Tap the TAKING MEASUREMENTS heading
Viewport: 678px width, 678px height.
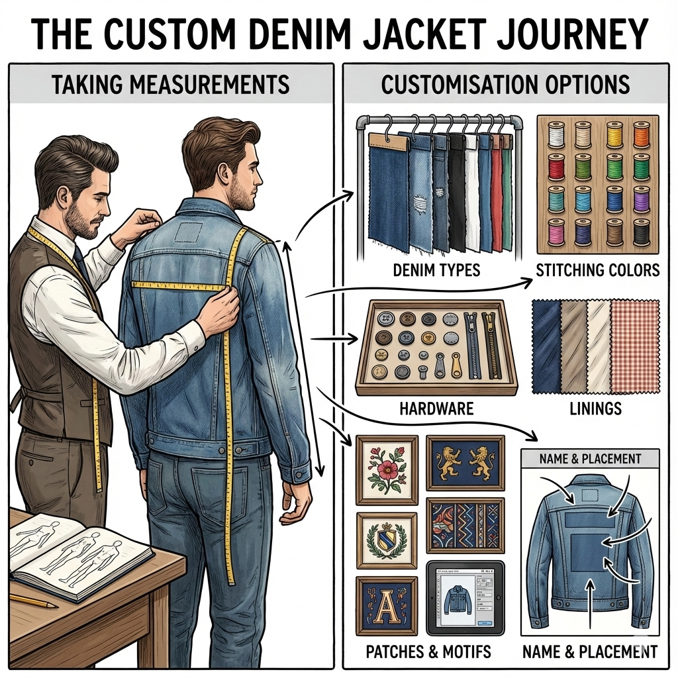(x=171, y=84)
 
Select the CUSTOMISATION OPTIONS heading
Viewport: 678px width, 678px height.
(x=505, y=84)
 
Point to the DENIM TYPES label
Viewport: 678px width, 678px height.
(x=436, y=270)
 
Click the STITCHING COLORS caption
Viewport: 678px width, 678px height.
(x=598, y=270)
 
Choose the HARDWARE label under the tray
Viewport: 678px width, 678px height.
(x=436, y=409)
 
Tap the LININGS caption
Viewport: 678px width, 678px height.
(x=595, y=409)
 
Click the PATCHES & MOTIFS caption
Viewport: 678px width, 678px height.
(x=428, y=652)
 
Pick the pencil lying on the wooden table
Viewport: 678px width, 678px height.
(x=34, y=601)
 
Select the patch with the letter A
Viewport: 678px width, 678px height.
(x=387, y=605)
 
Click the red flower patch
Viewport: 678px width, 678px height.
(x=387, y=470)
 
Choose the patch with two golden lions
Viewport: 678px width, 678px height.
(x=465, y=463)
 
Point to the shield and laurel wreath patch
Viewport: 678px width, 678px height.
(x=387, y=540)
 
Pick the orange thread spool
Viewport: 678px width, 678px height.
(x=642, y=134)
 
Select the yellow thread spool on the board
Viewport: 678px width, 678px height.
(x=614, y=134)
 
